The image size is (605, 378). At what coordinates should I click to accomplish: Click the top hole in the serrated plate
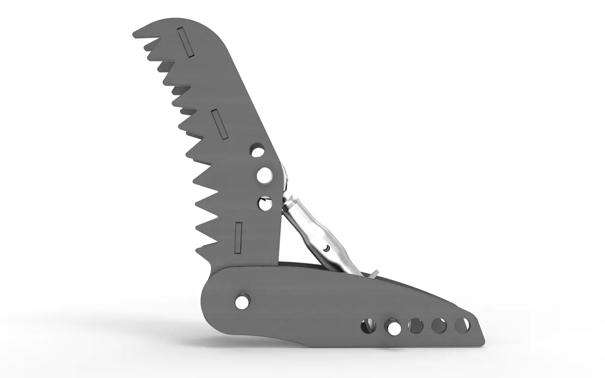click(258, 151)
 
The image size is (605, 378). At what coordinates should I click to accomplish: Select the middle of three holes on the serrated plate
click(265, 175)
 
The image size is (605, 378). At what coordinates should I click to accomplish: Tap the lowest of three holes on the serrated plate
click(265, 204)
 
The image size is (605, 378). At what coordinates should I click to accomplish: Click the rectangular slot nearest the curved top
click(185, 43)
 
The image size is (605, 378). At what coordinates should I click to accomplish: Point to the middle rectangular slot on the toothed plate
click(220, 124)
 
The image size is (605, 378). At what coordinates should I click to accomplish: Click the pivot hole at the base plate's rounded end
click(242, 301)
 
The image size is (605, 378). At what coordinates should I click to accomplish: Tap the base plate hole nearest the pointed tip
click(462, 325)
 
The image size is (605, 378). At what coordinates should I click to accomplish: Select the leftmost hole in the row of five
click(368, 326)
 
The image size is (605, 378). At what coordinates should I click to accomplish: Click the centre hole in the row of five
click(416, 326)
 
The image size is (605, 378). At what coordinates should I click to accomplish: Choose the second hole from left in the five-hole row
click(393, 327)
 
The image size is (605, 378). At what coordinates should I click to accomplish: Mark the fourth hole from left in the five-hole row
click(439, 325)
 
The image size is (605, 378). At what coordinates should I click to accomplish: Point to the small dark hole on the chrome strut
click(326, 248)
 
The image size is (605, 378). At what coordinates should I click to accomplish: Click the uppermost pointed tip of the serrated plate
click(134, 34)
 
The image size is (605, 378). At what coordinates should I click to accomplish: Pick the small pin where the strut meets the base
click(374, 273)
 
